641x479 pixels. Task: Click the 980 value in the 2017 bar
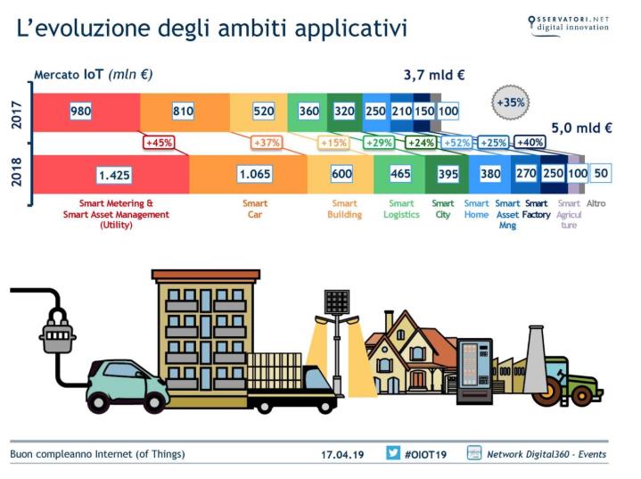[x=80, y=111]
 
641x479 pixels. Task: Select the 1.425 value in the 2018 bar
[x=114, y=175]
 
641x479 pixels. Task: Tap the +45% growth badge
[x=159, y=143]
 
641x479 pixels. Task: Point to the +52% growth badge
[x=456, y=143]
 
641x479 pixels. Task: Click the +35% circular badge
[x=511, y=103]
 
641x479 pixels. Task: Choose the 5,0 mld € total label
[x=581, y=128]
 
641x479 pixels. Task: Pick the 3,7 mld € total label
[x=434, y=75]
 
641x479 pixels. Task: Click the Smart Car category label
[x=255, y=209]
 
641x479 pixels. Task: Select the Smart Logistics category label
[x=401, y=209]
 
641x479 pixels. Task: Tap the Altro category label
[x=596, y=203]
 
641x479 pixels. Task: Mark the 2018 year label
[x=16, y=172]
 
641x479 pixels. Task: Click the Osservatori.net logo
[x=568, y=25]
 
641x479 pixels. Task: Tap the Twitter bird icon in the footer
[x=393, y=453]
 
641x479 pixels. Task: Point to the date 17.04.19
[x=342, y=454]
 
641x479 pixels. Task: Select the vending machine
[x=474, y=371]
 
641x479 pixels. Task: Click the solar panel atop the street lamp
[x=337, y=301]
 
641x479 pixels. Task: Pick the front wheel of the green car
[x=154, y=401]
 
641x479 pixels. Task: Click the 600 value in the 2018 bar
[x=341, y=174]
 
